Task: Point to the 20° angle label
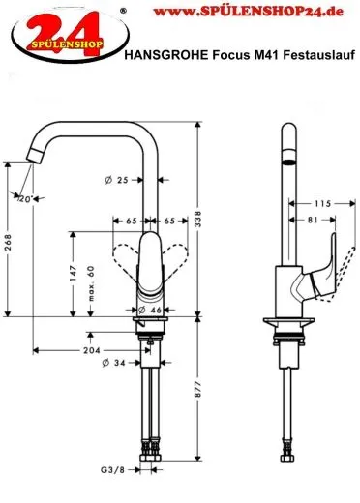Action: pyautogui.click(x=25, y=199)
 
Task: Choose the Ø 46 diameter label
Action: pyautogui.click(x=149, y=310)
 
